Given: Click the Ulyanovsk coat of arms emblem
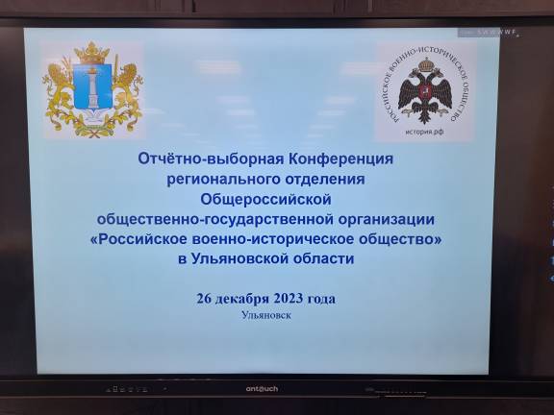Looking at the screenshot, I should coord(92,88).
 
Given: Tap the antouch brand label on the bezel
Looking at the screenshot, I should coord(255,388).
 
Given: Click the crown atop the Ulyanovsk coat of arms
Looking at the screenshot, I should coord(92,51).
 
